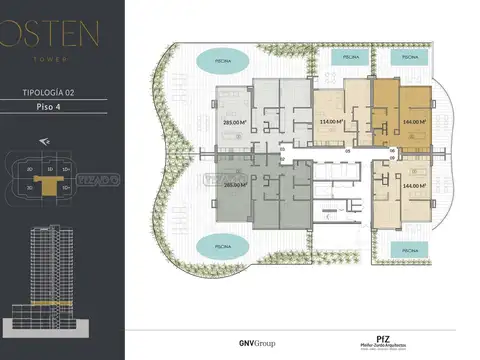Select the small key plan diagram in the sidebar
[55, 181]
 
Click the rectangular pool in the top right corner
[410, 58]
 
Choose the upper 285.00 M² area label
[235, 124]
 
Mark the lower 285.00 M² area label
[235, 184]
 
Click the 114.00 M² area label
[331, 124]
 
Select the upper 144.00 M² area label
[415, 124]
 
